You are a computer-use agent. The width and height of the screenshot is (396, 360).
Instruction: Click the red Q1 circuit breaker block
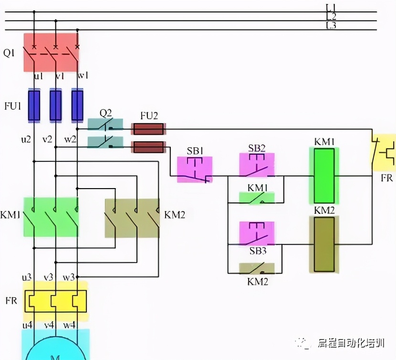51,52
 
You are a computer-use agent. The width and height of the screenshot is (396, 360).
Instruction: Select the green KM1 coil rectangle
324,176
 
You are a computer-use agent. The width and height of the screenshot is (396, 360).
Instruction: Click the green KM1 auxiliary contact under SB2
257,199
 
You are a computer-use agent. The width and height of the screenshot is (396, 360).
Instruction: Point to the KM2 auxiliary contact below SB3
257,269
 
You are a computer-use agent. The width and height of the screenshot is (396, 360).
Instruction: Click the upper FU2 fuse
148,129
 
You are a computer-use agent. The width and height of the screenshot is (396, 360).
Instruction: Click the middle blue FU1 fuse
56,106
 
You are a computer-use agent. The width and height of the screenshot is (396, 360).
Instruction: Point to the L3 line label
331,25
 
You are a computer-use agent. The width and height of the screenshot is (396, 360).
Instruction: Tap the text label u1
38,76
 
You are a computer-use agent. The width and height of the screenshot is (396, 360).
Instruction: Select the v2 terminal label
47,139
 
